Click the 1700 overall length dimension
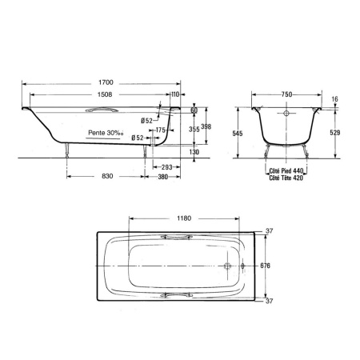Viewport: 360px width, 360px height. tap(106, 82)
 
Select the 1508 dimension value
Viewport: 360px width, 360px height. tap(105, 94)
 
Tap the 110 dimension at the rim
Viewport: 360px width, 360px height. tap(175, 94)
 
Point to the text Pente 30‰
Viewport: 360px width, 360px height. tap(106, 133)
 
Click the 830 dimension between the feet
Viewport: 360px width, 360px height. tap(107, 176)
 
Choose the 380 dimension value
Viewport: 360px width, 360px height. tap(162, 177)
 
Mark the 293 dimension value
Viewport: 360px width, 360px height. tap(167, 167)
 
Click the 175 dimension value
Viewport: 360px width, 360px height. tap(161, 130)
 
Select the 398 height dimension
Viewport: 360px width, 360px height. tap(206, 126)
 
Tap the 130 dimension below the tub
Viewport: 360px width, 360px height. tap(194, 152)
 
